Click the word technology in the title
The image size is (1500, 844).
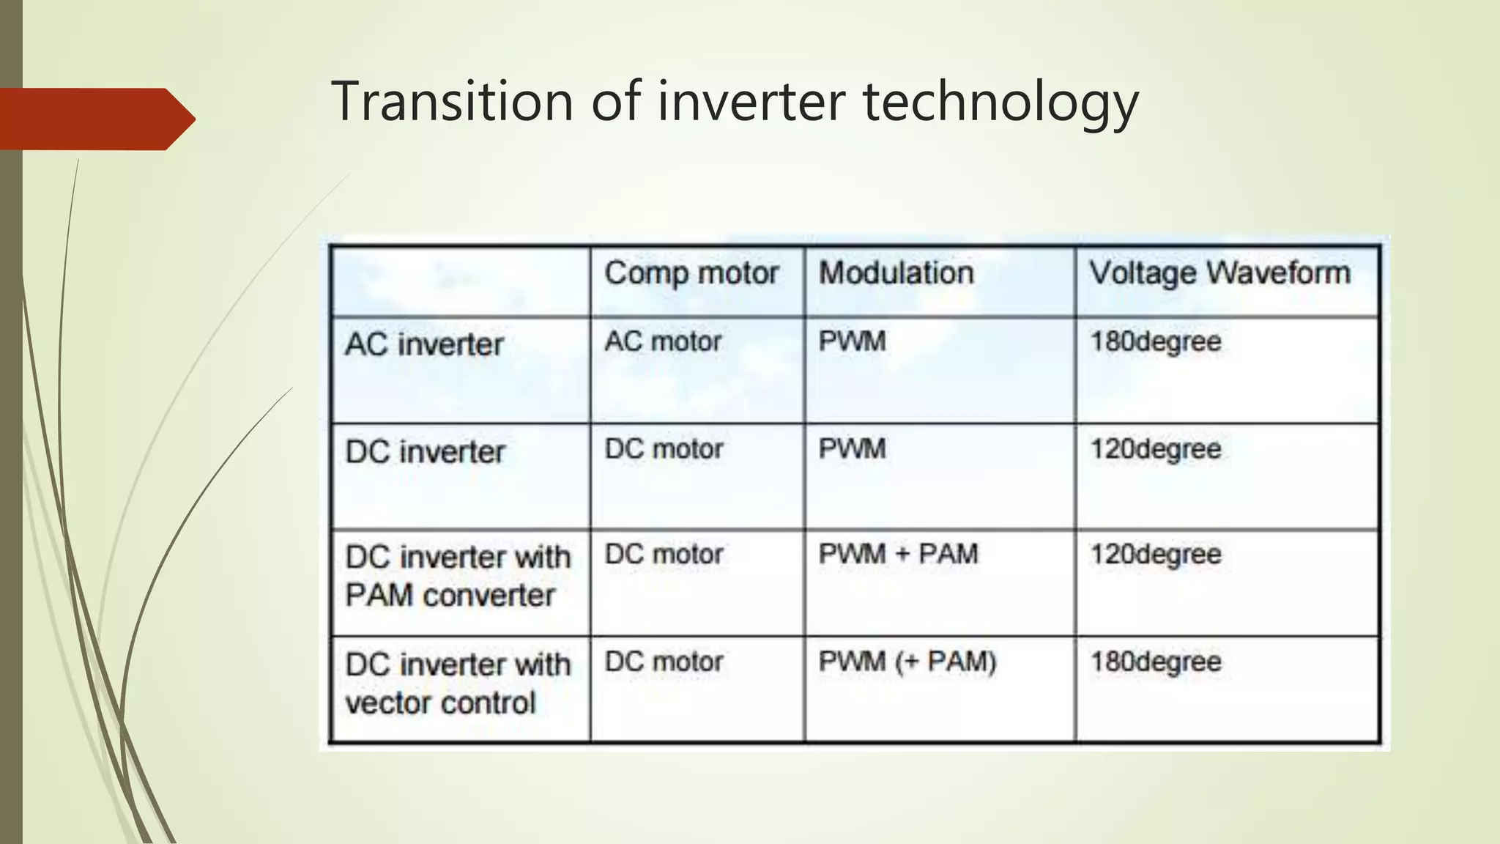(x=1000, y=103)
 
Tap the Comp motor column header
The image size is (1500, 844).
(x=691, y=273)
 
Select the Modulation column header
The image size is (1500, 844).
(x=896, y=273)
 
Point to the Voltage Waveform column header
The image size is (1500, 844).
(x=1219, y=273)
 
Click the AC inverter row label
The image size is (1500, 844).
(x=424, y=344)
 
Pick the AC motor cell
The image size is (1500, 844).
(x=663, y=341)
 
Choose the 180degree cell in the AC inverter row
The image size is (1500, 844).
(x=1155, y=341)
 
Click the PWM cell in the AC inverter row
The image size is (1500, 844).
(x=852, y=341)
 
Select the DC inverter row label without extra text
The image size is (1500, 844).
(x=425, y=452)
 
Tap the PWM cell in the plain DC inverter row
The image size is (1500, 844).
(x=852, y=448)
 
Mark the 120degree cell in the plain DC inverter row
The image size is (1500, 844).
(x=1155, y=448)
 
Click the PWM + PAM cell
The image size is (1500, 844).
(x=898, y=554)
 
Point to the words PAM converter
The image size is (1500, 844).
(x=450, y=595)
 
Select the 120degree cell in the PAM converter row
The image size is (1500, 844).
(x=1155, y=554)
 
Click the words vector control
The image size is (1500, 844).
(x=440, y=703)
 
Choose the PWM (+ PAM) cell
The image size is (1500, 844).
(x=907, y=662)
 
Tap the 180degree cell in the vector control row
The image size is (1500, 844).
(x=1155, y=662)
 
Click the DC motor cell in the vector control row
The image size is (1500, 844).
(x=664, y=662)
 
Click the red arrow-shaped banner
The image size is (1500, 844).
(x=95, y=119)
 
